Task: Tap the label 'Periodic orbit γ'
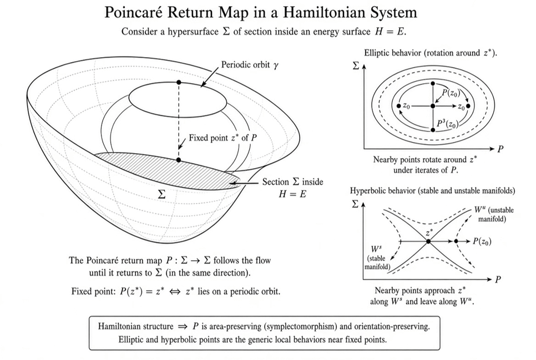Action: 250,64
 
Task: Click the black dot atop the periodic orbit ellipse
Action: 179,83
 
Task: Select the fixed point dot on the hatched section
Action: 179,160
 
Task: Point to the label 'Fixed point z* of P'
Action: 223,138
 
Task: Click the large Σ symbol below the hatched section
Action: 161,194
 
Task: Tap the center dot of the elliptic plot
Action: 433,106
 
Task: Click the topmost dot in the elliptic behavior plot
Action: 433,83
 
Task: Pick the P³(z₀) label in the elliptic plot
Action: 448,124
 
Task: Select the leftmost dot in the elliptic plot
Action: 398,106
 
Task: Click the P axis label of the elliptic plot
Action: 500,149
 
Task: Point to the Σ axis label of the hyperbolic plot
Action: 355,204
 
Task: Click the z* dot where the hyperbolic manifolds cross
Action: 428,241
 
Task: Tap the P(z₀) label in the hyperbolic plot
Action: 482,241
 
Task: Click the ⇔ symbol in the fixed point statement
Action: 175,292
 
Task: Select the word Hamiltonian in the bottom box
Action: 119,326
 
